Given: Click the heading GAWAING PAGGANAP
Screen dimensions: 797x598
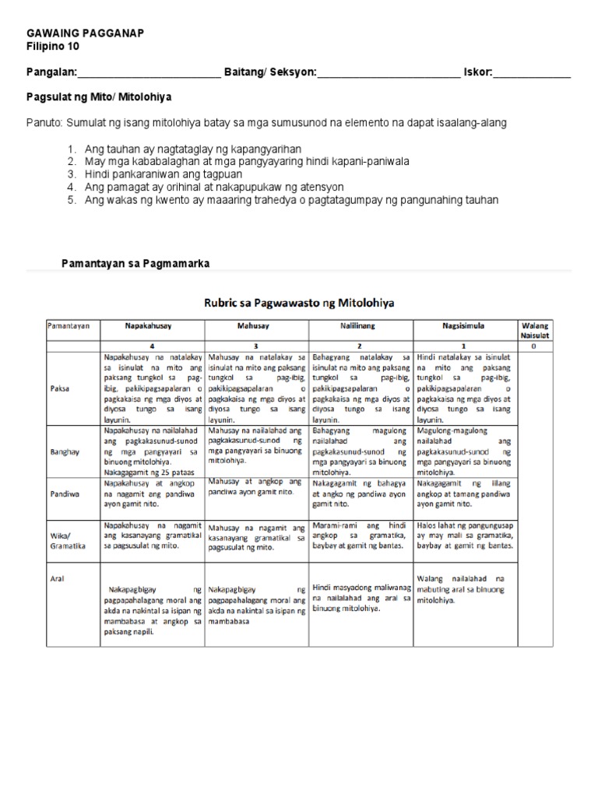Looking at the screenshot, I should point(85,33).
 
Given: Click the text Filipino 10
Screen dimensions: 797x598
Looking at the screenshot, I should point(53,46).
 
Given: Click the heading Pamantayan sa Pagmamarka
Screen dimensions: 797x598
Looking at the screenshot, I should point(135,264).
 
